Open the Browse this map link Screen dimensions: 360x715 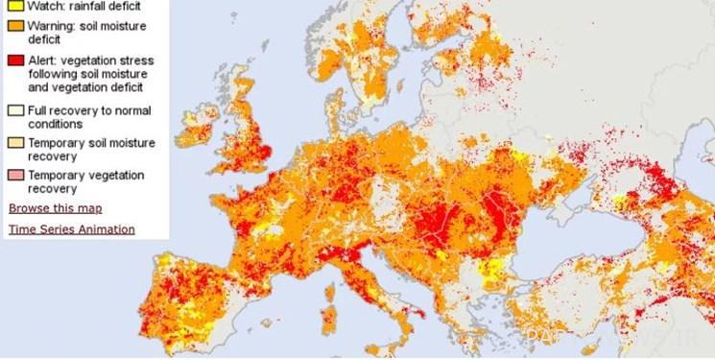pyautogui.click(x=55, y=208)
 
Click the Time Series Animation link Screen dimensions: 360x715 pyautogui.click(x=72, y=229)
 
